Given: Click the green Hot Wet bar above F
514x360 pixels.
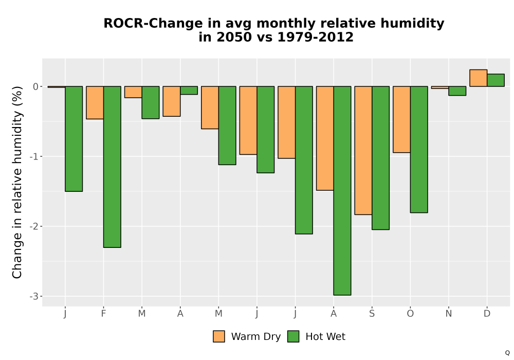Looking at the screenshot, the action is coord(112,167).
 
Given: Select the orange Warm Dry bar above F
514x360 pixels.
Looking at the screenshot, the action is coord(95,103).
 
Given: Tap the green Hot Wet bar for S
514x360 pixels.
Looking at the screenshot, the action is coord(380,158).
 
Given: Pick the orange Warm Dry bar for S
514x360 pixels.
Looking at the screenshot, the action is coord(363,151).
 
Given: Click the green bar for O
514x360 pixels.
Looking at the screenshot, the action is coord(419,150).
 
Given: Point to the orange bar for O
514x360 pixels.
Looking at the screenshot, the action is coord(401,119).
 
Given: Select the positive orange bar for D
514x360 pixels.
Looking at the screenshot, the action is coord(478,78).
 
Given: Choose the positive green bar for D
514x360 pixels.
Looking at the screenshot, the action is coord(495,80).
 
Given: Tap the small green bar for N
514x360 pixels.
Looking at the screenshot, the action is coord(457,91).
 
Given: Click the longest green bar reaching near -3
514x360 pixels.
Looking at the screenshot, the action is coord(342,191).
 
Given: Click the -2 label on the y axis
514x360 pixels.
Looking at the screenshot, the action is coord(34,226).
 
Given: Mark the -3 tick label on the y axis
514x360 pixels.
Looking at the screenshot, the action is coord(34,296).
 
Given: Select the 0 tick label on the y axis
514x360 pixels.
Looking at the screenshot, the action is coord(35,86).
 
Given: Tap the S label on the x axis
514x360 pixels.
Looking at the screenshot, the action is coord(372,314).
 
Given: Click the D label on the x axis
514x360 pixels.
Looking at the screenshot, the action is coord(487,314).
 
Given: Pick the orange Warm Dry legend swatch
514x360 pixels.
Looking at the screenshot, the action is coord(219,336).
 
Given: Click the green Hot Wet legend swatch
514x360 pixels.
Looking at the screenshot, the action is coord(293,336).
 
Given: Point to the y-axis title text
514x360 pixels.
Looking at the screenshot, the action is coord(17,182).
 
